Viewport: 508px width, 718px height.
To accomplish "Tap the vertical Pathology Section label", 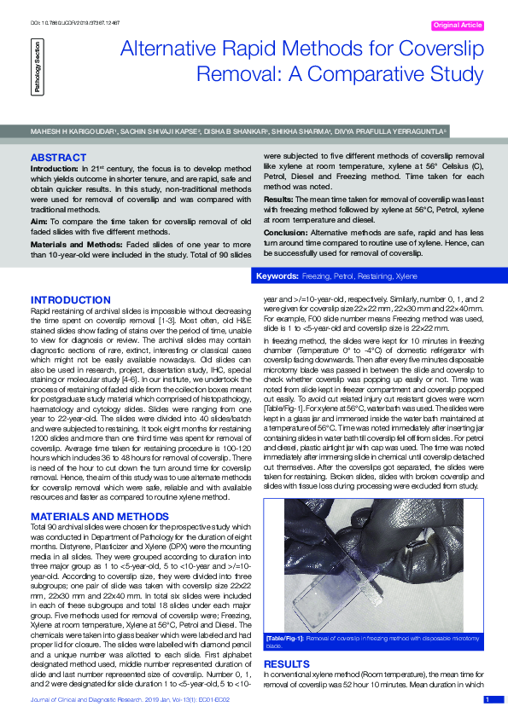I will pyautogui.click(x=36, y=71).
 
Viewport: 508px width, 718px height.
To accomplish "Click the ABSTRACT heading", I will pyautogui.click(x=58, y=158).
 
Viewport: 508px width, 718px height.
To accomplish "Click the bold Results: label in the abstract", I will pyautogui.click(x=279, y=196).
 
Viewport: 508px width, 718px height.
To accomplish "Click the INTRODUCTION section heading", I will pyautogui.click(x=69, y=300).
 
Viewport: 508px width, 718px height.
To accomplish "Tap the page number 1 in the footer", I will pyautogui.click(x=488, y=700).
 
